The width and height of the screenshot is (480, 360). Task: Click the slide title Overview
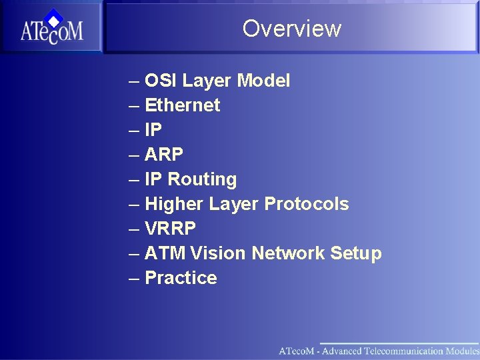click(x=291, y=28)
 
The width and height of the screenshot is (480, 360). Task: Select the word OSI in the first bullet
click(x=161, y=81)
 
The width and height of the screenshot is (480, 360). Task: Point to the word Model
click(x=264, y=81)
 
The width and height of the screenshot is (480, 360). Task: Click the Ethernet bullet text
click(x=182, y=105)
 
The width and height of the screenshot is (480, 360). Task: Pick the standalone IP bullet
click(x=153, y=130)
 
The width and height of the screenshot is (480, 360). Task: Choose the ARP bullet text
click(x=163, y=155)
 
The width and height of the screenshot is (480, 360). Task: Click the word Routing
click(x=202, y=179)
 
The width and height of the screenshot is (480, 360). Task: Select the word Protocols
click(x=307, y=204)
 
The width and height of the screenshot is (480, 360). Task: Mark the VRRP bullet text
click(x=170, y=229)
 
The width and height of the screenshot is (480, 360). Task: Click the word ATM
click(x=165, y=253)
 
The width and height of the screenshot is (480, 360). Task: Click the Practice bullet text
click(x=181, y=278)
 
